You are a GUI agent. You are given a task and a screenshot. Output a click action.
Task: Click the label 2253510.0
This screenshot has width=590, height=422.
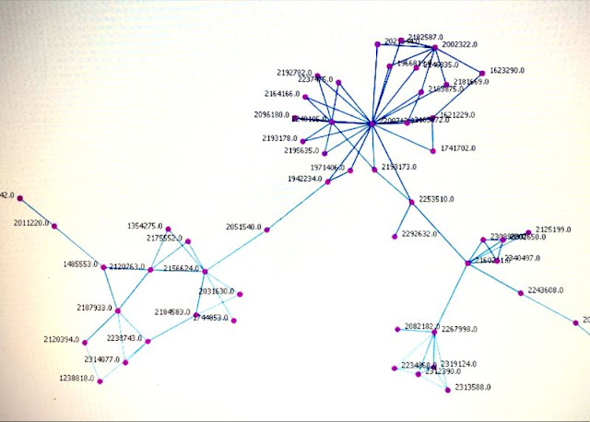tap(438, 199)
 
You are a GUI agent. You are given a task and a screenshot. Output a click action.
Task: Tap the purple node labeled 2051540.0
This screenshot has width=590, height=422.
tap(267, 229)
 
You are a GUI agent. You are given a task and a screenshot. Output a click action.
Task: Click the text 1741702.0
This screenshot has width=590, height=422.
tap(458, 148)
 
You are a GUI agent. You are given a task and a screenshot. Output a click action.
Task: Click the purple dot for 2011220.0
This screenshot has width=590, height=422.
tap(54, 226)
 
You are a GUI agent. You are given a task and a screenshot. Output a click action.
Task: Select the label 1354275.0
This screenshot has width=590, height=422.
tap(146, 226)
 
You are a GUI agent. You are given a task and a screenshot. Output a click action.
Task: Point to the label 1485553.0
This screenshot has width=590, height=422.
tap(81, 264)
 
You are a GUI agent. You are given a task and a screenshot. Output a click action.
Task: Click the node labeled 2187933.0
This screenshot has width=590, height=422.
tap(118, 310)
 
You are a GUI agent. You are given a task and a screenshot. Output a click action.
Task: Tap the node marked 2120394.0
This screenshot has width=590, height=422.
tap(85, 342)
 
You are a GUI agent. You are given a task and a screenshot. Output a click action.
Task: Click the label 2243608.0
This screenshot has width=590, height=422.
tap(546, 291)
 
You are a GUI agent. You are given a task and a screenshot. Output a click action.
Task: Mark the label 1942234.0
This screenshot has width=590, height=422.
tap(306, 179)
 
